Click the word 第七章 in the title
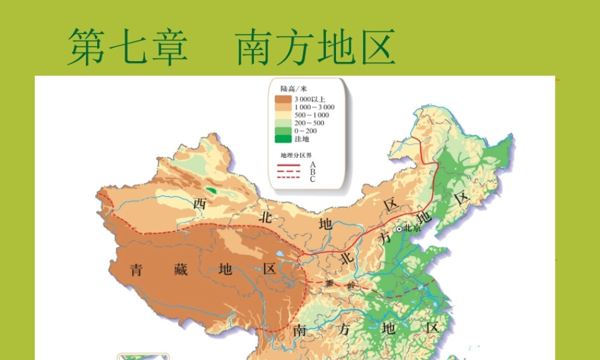point(127,47)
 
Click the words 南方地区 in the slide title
point(315,47)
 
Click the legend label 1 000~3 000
point(314,107)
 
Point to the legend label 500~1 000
point(311,115)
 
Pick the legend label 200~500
point(308,123)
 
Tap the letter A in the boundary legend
point(313,164)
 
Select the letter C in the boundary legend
point(313,178)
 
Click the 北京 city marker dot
point(400,229)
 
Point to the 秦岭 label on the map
point(340,285)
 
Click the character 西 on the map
point(200,203)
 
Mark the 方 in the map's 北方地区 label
point(385,239)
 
